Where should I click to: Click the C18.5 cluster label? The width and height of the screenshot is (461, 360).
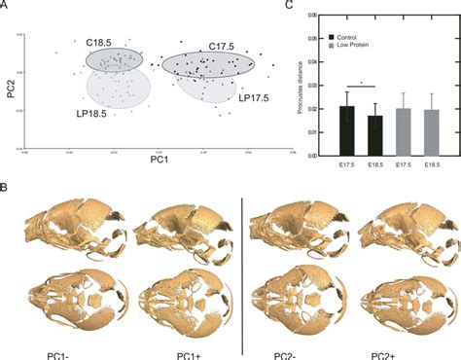[97, 43]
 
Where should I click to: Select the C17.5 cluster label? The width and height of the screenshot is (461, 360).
[225, 47]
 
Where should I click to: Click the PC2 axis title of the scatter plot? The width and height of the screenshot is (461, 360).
[12, 90]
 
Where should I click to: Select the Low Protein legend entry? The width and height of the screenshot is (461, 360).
[347, 45]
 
